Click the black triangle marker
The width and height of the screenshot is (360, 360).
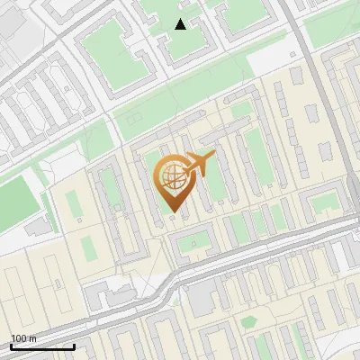(181, 24)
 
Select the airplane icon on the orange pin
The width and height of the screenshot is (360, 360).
(200, 165)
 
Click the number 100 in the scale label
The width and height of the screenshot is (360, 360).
(19, 338)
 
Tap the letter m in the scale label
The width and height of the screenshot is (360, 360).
(33, 338)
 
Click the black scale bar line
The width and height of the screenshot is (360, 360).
(41, 346)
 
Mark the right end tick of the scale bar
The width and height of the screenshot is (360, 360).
(74, 345)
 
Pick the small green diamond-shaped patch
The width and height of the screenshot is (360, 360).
(247, 322)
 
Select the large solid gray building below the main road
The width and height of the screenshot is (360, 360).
(202, 298)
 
